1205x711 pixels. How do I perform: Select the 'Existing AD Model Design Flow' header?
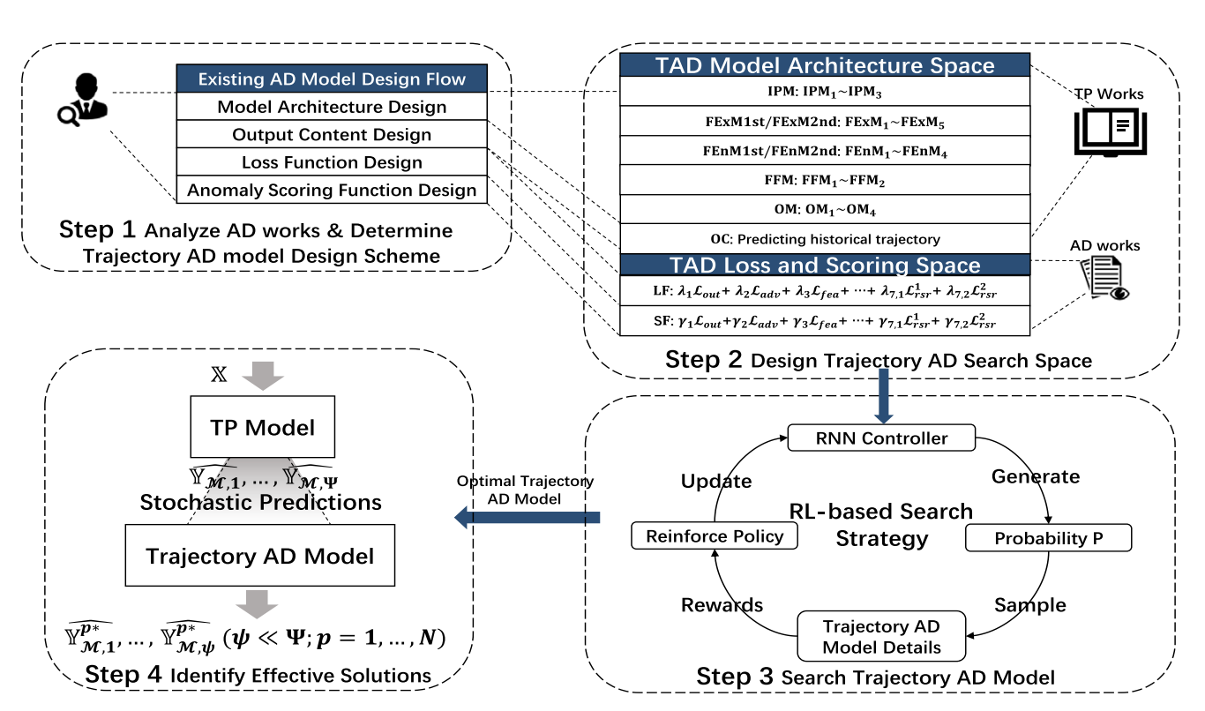coord(332,79)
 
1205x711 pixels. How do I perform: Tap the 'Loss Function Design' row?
coord(332,162)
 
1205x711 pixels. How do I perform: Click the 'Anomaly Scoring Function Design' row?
coord(332,190)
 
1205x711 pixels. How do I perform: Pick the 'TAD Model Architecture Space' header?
coord(825,65)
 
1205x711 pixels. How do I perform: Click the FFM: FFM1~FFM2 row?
coord(825,181)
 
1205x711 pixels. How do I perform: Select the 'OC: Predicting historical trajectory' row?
coord(825,238)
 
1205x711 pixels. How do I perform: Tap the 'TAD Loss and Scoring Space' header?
coord(825,266)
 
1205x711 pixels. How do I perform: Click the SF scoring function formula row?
coord(825,320)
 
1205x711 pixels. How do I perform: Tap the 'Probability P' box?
coord(1047,538)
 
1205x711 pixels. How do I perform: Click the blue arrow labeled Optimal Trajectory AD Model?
coord(528,517)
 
